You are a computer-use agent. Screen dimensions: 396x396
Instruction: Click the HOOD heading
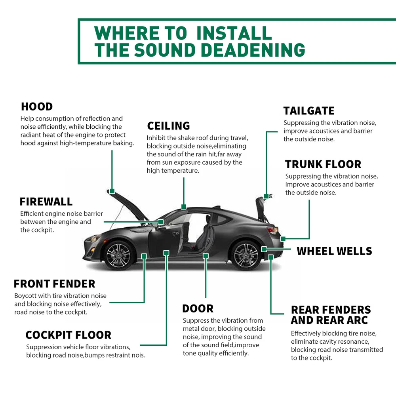(x=37, y=107)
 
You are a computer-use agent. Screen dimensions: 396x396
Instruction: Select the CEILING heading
(x=168, y=126)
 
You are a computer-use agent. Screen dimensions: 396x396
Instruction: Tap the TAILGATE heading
(x=309, y=111)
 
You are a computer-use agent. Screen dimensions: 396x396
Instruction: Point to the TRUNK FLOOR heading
(x=323, y=164)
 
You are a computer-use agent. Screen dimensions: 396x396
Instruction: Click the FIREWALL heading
(x=46, y=202)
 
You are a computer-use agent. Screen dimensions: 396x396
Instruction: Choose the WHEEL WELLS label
(x=334, y=251)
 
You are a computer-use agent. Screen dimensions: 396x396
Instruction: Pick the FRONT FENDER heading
(x=54, y=284)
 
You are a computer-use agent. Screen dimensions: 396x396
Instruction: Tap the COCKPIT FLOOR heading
(x=68, y=335)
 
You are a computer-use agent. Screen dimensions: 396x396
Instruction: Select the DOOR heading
(x=198, y=308)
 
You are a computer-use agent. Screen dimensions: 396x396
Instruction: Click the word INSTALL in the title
(x=234, y=33)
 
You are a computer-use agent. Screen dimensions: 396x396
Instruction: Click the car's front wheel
(x=118, y=253)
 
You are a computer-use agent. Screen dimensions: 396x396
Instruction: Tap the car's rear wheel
(x=245, y=253)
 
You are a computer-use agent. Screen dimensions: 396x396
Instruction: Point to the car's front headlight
(x=94, y=238)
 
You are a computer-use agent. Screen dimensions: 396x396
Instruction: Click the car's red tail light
(x=272, y=229)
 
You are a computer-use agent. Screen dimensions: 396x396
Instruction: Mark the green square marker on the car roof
(x=183, y=206)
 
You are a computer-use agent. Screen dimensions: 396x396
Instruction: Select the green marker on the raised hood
(x=112, y=191)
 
